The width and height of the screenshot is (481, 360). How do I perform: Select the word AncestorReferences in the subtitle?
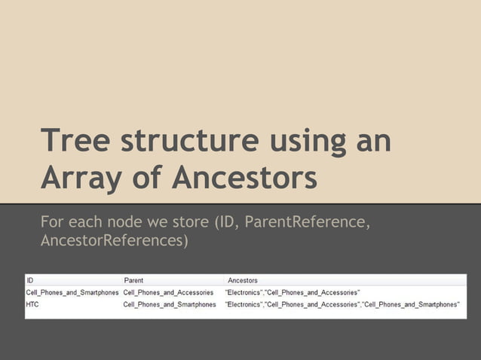(114, 242)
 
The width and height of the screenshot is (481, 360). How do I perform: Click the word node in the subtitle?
(127, 223)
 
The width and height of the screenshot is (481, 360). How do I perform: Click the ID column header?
(31, 280)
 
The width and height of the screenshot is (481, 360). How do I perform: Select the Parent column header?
(133, 280)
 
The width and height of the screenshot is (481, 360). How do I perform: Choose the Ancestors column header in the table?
(242, 280)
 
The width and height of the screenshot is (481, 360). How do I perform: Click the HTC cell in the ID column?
(33, 304)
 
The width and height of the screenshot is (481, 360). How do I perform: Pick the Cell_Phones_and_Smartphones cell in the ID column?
(72, 292)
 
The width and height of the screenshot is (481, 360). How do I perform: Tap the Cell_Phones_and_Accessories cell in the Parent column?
(168, 292)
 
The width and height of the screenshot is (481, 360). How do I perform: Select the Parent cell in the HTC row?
(169, 304)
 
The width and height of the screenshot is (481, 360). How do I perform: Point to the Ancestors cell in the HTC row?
(342, 304)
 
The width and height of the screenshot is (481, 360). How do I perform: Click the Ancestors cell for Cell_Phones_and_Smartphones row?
(292, 292)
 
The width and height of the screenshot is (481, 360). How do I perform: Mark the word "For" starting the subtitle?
(52, 223)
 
